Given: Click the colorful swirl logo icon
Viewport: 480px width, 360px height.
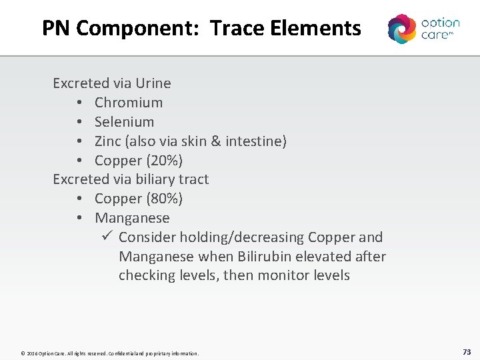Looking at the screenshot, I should tap(402, 29).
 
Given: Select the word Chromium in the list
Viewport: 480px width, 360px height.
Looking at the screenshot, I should tap(129, 103).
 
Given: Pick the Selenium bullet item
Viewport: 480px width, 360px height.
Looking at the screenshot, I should tap(124, 122).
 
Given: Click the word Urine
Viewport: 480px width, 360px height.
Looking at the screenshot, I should tap(153, 83).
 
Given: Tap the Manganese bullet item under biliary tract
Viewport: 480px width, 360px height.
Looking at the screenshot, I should tap(132, 218).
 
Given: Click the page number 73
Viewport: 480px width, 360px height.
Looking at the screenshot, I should tap(466, 352).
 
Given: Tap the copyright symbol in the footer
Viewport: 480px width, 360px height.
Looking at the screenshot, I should tap(23, 353).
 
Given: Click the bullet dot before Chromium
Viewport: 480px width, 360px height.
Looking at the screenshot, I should tap(79, 103).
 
